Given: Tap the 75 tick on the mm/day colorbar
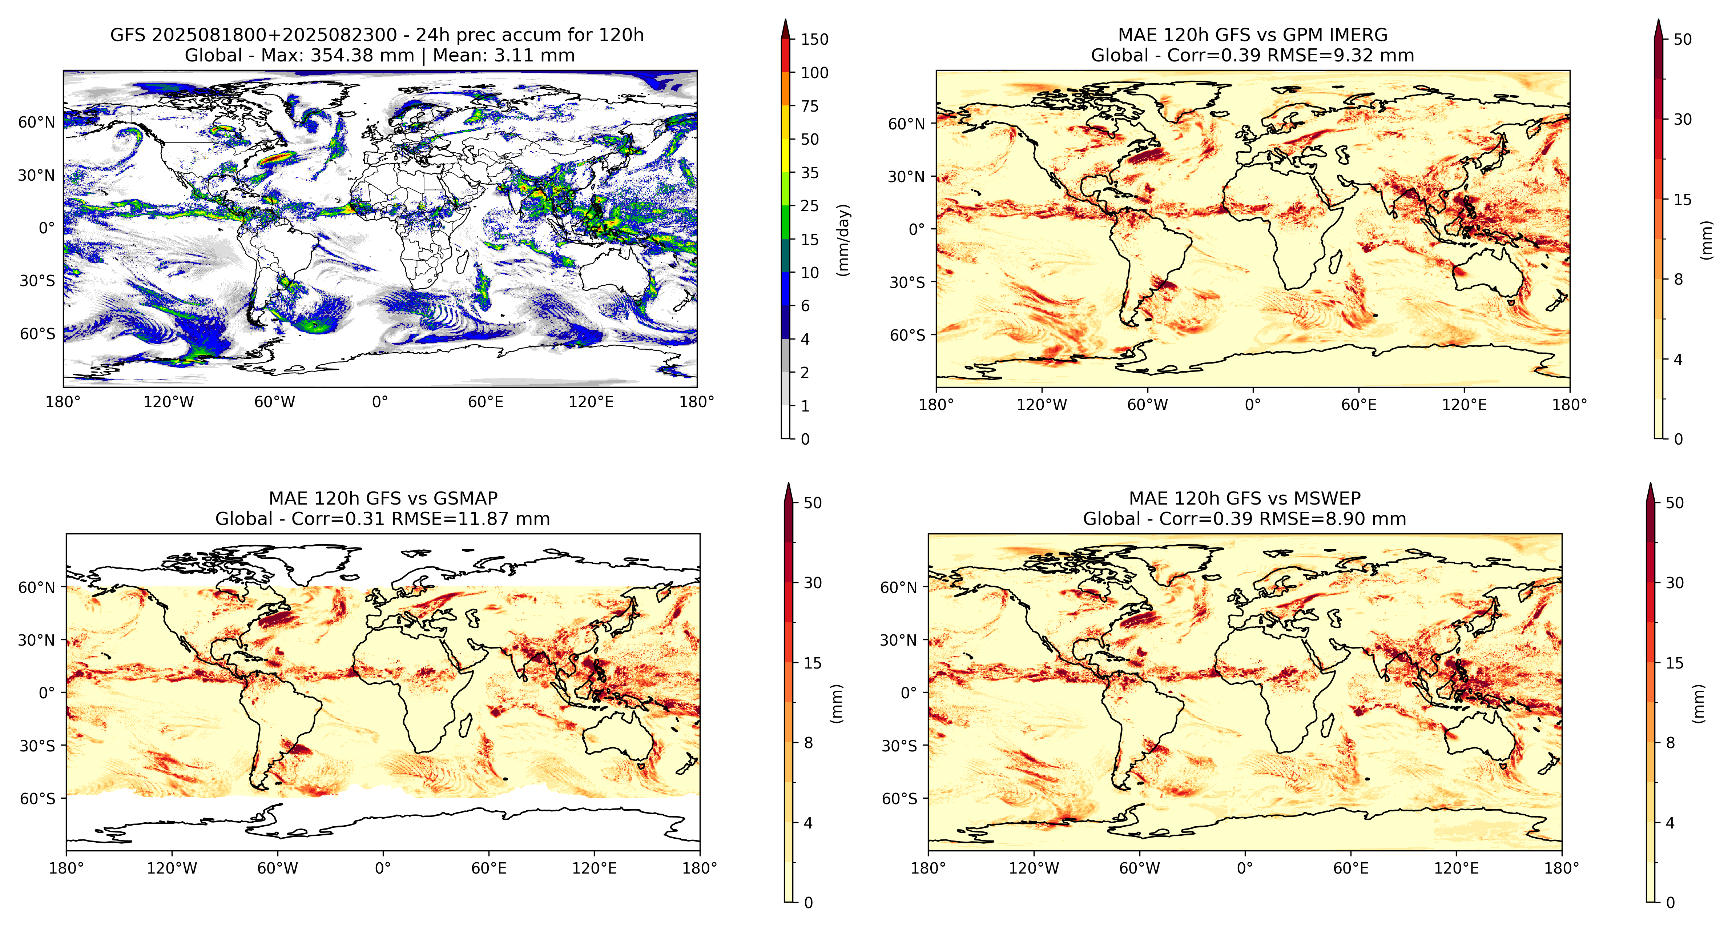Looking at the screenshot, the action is [810, 106].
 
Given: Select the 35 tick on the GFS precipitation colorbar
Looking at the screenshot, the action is [810, 173].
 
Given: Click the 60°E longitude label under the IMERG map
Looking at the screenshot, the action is [1359, 405].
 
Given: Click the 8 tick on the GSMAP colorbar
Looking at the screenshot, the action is [808, 743].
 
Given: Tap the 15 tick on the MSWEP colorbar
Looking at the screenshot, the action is [1674, 663].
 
